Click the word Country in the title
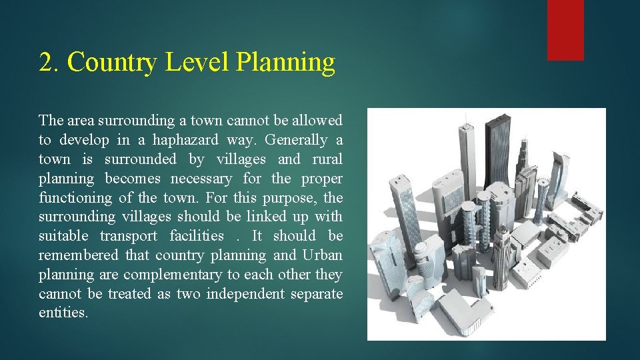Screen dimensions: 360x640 pos(113,62)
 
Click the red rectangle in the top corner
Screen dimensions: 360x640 pos(565,29)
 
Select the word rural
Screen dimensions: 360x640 pos(327,159)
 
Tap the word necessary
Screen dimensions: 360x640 pos(201,179)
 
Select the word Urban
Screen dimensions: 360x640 pos(322,255)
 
